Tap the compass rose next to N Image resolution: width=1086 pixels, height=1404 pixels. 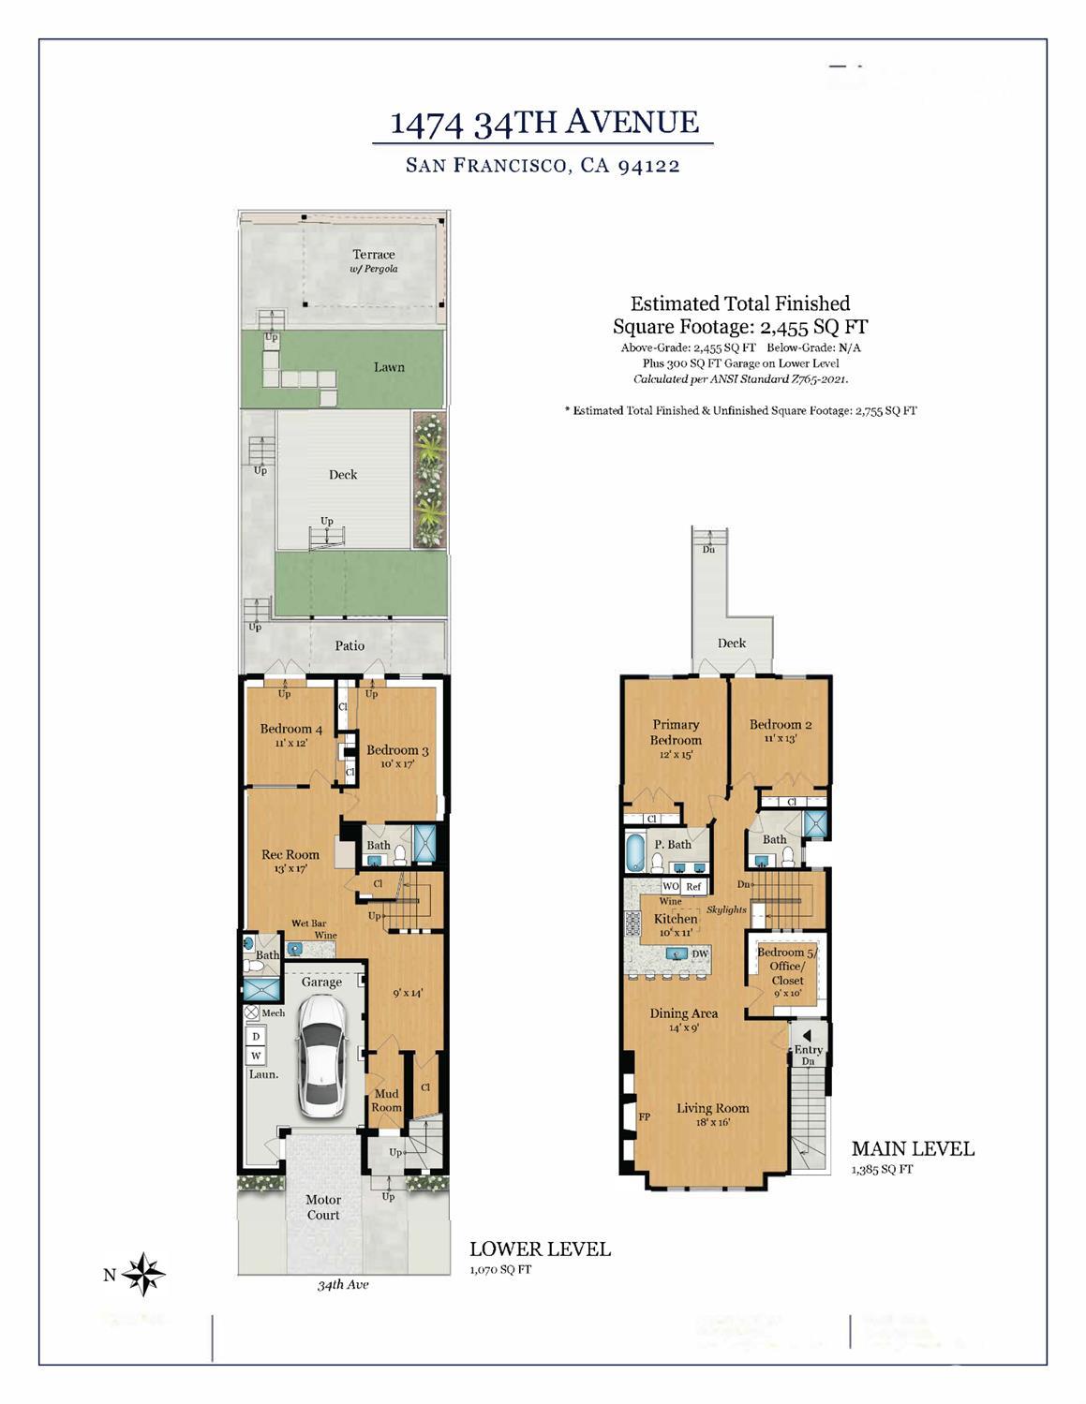click(x=143, y=1274)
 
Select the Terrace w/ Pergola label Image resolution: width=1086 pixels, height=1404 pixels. click(x=374, y=260)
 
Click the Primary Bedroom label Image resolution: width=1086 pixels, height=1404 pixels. click(x=676, y=732)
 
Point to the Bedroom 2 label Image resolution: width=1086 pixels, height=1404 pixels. click(x=780, y=724)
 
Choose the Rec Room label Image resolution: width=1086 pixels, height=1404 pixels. click(x=290, y=854)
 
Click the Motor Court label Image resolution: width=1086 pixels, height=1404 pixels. click(x=323, y=1207)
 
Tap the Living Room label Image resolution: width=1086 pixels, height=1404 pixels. click(x=712, y=1109)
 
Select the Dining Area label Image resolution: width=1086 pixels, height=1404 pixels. click(x=684, y=1013)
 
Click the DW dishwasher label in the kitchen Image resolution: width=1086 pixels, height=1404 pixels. click(x=700, y=953)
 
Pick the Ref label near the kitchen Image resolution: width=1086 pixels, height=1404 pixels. click(x=693, y=886)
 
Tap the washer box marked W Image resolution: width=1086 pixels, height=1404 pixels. click(x=256, y=1056)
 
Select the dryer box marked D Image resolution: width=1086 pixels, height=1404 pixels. click(x=256, y=1036)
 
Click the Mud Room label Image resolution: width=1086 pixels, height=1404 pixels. click(x=386, y=1101)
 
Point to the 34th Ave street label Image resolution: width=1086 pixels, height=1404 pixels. click(x=343, y=1285)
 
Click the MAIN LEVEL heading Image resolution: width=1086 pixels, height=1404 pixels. click(x=913, y=1148)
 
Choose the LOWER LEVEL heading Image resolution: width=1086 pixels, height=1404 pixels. click(x=540, y=1249)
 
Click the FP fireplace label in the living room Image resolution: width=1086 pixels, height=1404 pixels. click(x=645, y=1117)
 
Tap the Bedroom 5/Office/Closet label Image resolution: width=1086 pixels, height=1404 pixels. click(x=787, y=967)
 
